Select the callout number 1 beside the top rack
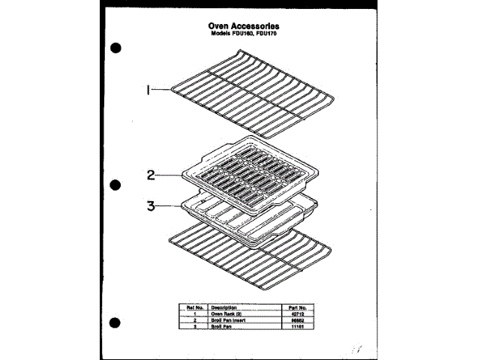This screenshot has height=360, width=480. coord(149,91)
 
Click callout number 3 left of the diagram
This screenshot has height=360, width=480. coord(151,204)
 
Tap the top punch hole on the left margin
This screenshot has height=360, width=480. coord(115,49)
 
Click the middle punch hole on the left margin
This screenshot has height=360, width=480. coord(115,184)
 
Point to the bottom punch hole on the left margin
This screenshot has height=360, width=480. coord(115,319)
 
